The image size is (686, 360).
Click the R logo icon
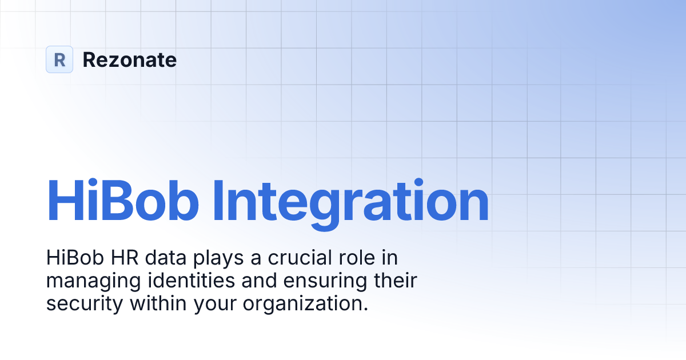59,59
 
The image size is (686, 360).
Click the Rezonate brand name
130,59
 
